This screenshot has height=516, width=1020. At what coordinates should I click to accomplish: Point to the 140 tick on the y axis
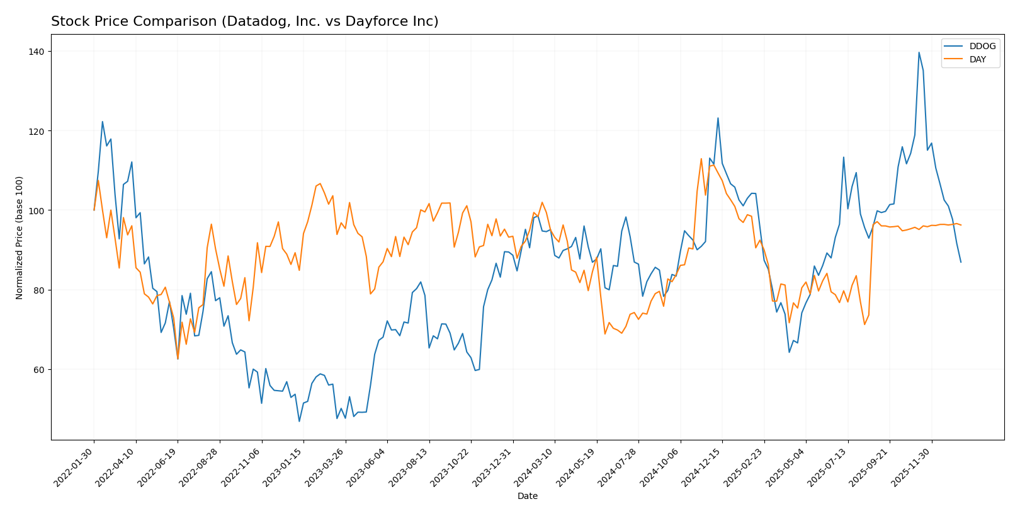click(38, 51)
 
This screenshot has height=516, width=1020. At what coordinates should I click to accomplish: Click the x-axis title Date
click(527, 496)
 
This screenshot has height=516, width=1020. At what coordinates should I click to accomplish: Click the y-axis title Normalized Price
click(20, 238)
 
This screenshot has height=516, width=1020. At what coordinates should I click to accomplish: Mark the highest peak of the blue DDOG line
click(919, 52)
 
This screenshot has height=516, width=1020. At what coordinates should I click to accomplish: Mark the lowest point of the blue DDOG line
click(299, 421)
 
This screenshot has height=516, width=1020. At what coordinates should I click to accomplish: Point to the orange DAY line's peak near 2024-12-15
click(701, 159)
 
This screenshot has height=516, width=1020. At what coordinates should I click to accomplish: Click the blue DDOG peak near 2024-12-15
click(718, 118)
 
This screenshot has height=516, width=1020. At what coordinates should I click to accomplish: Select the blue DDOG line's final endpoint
click(961, 262)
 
